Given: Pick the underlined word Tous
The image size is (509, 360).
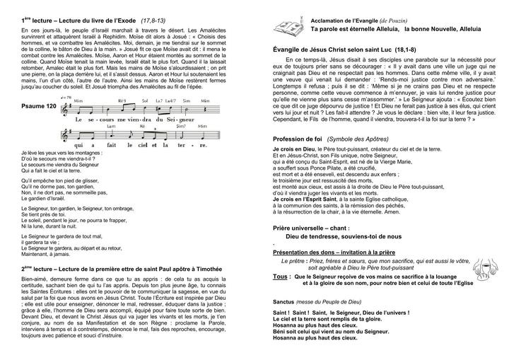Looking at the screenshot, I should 281,276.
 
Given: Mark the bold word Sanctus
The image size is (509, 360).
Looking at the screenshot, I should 284,302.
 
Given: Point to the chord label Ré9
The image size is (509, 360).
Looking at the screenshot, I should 122,100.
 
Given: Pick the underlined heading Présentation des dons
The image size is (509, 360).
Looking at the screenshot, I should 315,251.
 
